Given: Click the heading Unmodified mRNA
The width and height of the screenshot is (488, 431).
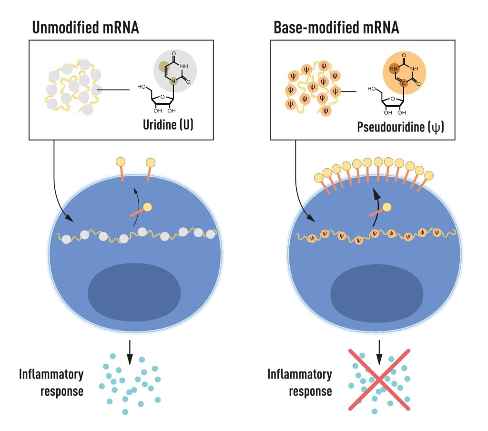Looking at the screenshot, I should tap(85, 28).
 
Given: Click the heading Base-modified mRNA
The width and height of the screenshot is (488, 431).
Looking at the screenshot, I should tap(336, 28).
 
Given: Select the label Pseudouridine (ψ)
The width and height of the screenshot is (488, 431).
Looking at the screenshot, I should tap(400, 127).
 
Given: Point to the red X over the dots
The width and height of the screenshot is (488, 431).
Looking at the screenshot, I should tap(378, 380).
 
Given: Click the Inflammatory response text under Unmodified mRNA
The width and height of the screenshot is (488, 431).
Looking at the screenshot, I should tap(51, 382).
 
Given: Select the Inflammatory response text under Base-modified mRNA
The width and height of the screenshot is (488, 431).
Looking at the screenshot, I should tap(299, 382).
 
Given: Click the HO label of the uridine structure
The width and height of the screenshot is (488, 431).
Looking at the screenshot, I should tap(142, 87).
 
